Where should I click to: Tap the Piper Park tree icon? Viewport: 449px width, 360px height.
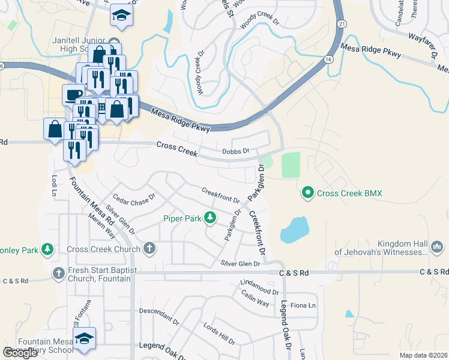[210, 218]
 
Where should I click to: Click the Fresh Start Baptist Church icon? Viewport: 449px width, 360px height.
[58, 274]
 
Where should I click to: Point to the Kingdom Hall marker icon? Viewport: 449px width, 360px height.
[437, 247]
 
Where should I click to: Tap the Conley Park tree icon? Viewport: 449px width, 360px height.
[47, 249]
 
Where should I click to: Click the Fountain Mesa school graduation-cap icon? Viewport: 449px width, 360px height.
[86, 338]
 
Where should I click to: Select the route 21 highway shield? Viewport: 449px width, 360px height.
[341, 23]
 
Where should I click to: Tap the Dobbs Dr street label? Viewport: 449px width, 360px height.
[235, 152]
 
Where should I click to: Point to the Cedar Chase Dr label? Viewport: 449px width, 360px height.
[134, 196]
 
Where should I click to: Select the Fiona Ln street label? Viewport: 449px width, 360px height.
[303, 305]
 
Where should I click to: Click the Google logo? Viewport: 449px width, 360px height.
[20, 353]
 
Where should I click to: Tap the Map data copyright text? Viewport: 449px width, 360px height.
[423, 355]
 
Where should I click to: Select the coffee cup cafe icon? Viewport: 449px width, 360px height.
[73, 95]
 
